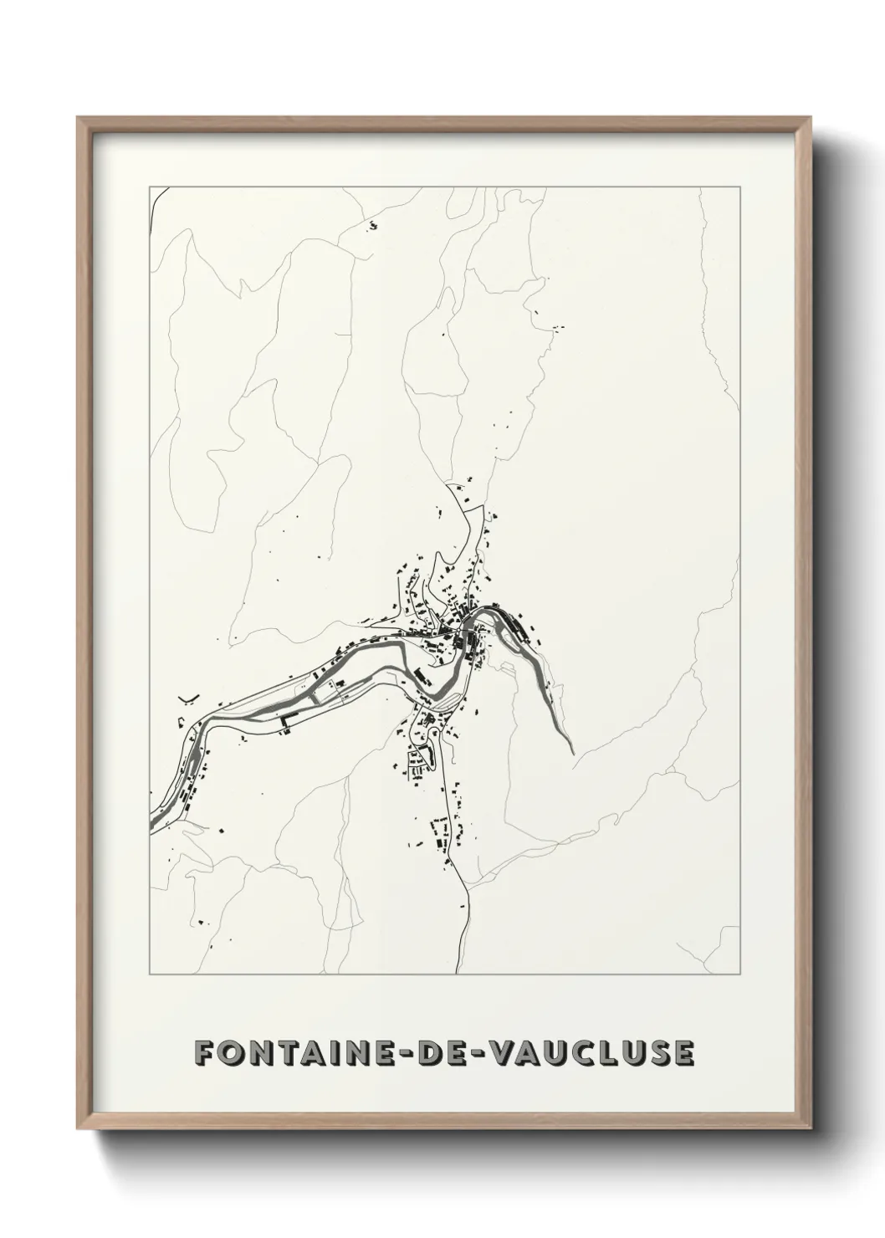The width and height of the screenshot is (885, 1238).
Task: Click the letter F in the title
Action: tap(203, 1053)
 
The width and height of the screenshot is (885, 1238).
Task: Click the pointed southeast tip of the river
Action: tap(573, 754)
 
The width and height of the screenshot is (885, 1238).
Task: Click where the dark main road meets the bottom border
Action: tap(457, 974)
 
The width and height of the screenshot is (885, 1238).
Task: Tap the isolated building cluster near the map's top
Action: tap(372, 224)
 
